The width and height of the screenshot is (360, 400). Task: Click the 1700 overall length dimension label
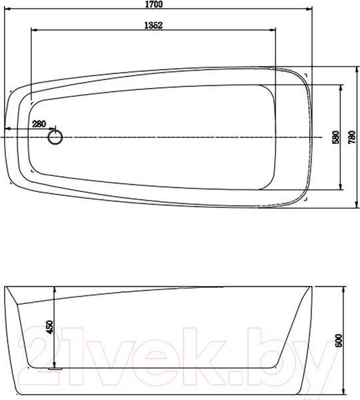pyautogui.click(x=154, y=4)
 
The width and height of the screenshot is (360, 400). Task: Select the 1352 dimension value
pyautogui.click(x=153, y=25)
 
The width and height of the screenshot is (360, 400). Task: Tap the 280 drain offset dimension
pyautogui.click(x=39, y=124)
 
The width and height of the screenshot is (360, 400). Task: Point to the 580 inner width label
pyautogui.click(x=337, y=137)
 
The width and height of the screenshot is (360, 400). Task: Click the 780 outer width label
pyautogui.click(x=352, y=137)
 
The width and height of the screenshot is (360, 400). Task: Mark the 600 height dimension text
pyautogui.click(x=338, y=340)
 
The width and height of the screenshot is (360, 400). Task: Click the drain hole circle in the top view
pyautogui.click(x=55, y=137)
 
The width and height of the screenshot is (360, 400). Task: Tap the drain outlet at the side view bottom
pyautogui.click(x=55, y=369)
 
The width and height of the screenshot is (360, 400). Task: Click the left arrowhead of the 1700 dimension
pyautogui.click(x=7, y=9)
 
